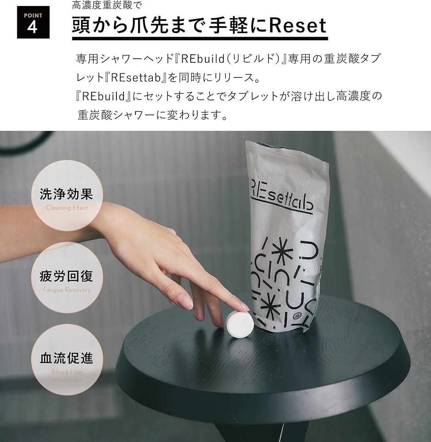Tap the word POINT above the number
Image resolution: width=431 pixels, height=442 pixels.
32,15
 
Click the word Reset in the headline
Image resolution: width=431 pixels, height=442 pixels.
297,26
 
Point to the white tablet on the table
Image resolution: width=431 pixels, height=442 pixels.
239,325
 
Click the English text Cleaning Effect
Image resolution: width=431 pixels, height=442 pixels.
67,208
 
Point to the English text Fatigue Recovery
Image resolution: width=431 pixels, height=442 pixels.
67,290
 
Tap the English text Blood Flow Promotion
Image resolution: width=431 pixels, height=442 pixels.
67,375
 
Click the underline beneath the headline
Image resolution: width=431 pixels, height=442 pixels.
200,39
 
